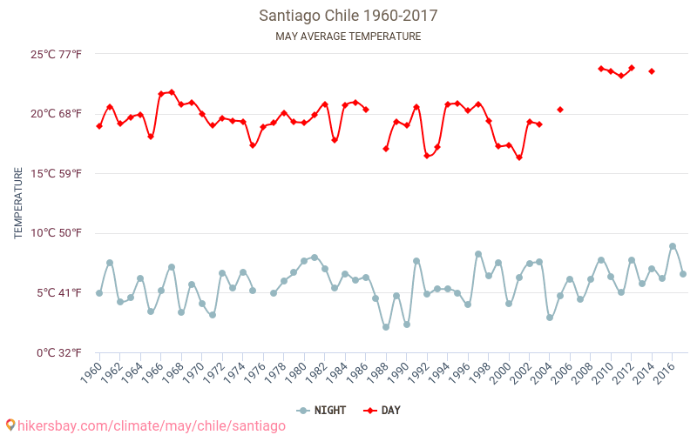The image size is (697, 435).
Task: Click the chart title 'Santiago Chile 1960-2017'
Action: pos(348,16)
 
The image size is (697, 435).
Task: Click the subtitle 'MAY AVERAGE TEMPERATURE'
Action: pos(348,37)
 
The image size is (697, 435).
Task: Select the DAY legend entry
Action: pos(383,410)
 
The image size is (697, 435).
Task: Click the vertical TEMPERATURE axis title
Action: pos(19,204)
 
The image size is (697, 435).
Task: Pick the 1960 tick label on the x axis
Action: pos(91,375)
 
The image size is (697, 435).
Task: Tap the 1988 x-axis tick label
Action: pos(376,375)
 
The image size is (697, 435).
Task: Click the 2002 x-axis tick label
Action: pos(520,375)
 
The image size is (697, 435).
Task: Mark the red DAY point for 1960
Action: pos(99,126)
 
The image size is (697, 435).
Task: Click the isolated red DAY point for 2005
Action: pos(560,110)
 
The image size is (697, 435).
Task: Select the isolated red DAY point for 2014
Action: pos(652,71)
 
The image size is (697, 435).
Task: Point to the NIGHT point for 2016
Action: pos(673,246)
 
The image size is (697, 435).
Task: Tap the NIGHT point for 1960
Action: pos(99,293)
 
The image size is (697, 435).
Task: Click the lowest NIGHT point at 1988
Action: pos(386,327)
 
